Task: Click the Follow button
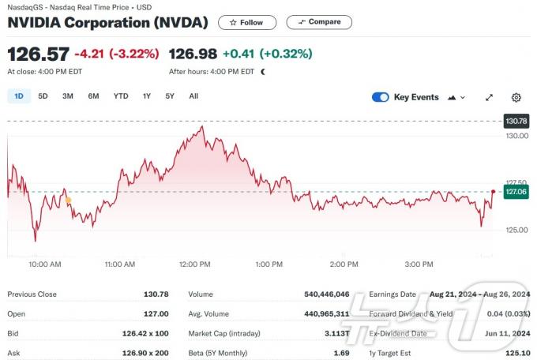(246, 23)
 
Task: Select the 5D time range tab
(43, 96)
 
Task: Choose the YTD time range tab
(121, 96)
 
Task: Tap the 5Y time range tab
(170, 96)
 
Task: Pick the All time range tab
(193, 96)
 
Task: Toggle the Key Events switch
(380, 97)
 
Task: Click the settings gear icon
(516, 97)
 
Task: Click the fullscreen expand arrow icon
(490, 97)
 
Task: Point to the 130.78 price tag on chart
(516, 122)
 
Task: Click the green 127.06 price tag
(516, 192)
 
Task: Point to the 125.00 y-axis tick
(517, 230)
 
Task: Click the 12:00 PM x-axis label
(194, 264)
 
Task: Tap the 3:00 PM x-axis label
(418, 264)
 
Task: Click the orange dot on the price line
(69, 201)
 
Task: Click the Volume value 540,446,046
(326, 294)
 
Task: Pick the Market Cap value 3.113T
(334, 333)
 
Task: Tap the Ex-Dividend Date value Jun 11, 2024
(507, 333)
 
